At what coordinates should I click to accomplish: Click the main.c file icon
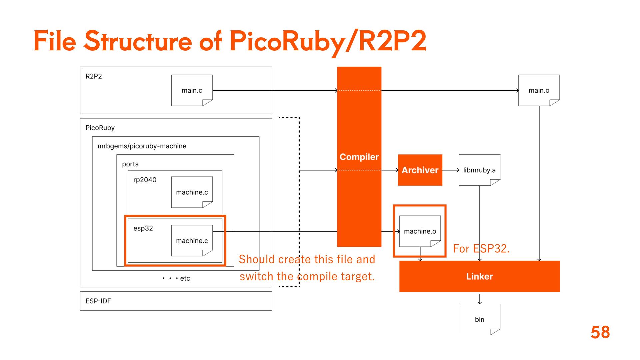pos(192,90)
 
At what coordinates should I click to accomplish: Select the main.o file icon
pos(539,90)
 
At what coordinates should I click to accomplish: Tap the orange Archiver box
pos(420,170)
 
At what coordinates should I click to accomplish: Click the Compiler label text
pos(359,157)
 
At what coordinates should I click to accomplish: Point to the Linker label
pos(479,276)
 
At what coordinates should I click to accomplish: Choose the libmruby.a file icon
pos(479,170)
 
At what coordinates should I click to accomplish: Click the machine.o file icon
pos(420,231)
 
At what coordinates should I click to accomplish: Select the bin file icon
pos(479,319)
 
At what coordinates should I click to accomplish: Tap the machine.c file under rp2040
pos(192,192)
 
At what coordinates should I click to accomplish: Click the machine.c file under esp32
pos(192,241)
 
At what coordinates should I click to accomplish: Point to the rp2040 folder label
pos(145,180)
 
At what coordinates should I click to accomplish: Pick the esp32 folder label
pos(143,228)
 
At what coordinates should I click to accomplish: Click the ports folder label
pos(130,164)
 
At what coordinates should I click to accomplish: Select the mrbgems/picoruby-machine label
pos(142,146)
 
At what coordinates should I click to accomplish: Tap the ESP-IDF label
pos(98,301)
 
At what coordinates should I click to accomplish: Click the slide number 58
pos(600,332)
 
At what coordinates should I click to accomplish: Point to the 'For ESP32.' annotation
pos(481,249)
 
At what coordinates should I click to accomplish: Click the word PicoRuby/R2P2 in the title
pos(328,41)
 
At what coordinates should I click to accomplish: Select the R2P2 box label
pos(94,76)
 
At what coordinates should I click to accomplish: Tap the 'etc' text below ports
pos(185,278)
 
